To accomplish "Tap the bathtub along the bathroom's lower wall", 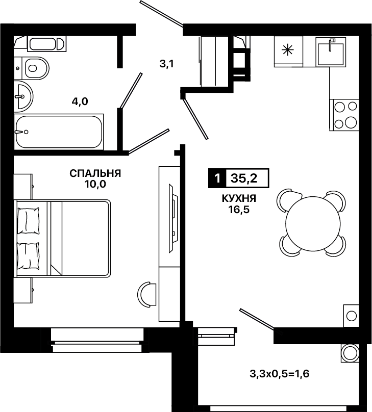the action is pos(59,132).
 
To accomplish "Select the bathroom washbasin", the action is pos(23,96).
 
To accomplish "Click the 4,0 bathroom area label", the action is pos(80,101).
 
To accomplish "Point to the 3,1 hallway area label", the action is pos(167,64).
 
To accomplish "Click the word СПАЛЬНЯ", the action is pos(95,173).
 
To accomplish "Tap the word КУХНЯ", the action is pos(239,199).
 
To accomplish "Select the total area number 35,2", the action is pos(244,178).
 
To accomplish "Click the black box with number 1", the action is pos(217,178).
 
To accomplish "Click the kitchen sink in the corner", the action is pos(331,51).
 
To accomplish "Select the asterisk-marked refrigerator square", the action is pos(288,51).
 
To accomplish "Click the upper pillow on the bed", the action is pos(29,221).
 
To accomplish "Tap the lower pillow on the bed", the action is pos(29,256).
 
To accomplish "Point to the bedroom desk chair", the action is pos(146,295).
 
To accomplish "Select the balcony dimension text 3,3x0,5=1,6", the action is pos(279,374).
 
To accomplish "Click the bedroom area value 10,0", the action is pos(95,184).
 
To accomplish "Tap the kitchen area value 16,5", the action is pos(239,210).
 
